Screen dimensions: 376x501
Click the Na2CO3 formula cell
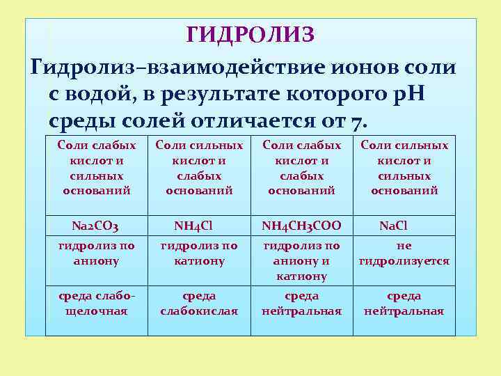pos(96,226)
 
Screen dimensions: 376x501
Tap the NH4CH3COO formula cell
pos(301,226)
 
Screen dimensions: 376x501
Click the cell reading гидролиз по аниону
pos(96,253)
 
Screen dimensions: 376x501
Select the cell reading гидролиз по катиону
pos(199,253)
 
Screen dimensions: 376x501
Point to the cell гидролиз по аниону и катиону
pos(301,260)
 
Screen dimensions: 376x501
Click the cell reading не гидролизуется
pos(404,253)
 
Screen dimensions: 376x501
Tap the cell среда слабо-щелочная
pos(96,304)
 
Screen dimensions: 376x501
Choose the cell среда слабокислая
pos(199,304)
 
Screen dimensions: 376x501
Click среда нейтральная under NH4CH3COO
pos(301,304)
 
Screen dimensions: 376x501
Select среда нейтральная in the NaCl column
pos(404,304)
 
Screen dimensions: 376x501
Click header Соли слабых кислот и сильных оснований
pos(96,168)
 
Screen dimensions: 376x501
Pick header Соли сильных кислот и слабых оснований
pos(199,168)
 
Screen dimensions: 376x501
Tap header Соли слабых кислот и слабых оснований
pos(301,168)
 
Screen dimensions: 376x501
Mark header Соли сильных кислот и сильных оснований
pos(404,168)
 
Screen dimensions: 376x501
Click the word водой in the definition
pos(97,94)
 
